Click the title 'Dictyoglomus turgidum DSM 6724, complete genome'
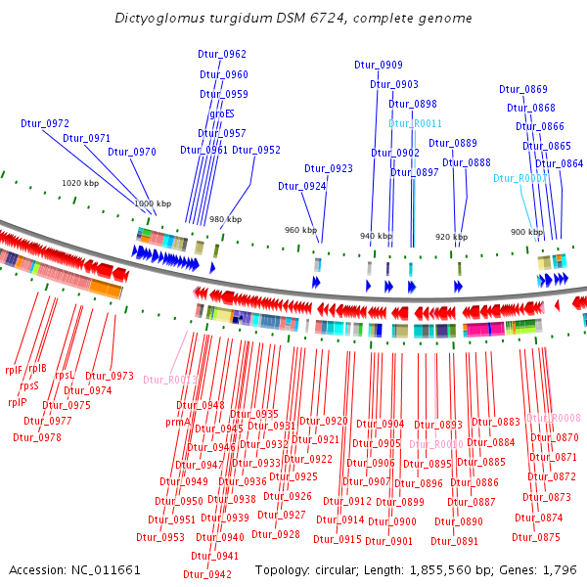(x=293, y=18)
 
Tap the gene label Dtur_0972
(x=45, y=124)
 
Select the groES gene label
(x=222, y=114)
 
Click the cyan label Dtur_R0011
(x=416, y=123)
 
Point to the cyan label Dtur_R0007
(x=520, y=179)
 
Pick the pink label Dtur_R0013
(x=170, y=380)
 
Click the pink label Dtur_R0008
(x=554, y=418)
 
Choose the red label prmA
(x=177, y=423)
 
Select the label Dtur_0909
(x=379, y=65)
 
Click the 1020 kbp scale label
(x=80, y=183)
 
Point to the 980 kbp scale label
(x=225, y=219)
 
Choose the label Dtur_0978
(x=36, y=437)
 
